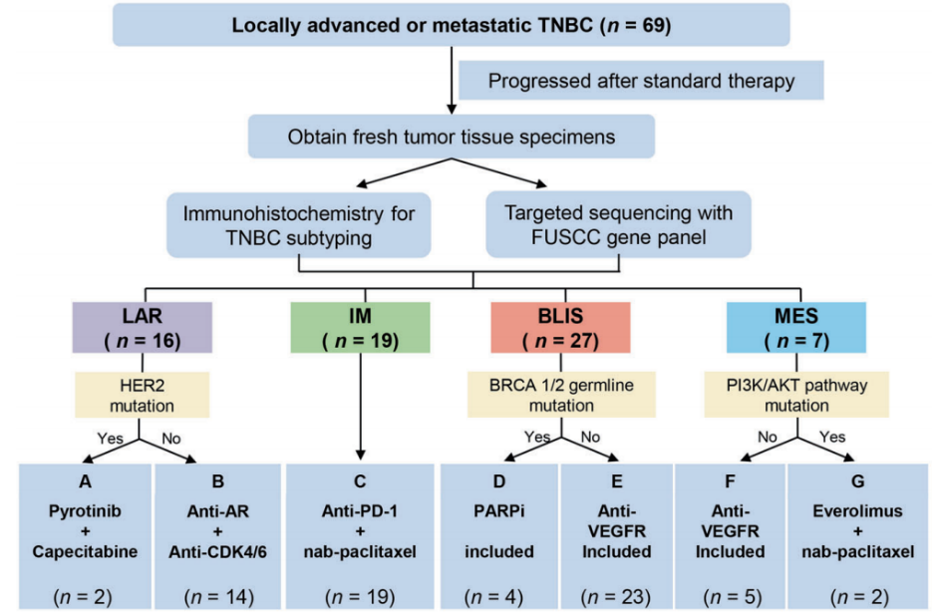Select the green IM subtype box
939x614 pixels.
point(360,328)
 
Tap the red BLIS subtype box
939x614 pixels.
point(561,328)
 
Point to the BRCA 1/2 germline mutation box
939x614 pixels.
point(561,394)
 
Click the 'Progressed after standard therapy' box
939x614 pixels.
point(641,80)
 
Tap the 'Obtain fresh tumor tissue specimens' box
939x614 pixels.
point(452,136)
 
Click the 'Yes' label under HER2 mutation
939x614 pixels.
point(109,436)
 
